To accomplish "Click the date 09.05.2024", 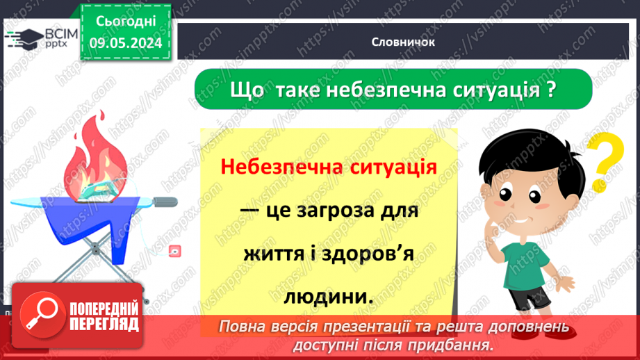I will tap(126, 42).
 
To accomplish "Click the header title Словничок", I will tap(403, 42).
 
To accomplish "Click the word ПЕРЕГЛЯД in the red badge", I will tap(104, 323).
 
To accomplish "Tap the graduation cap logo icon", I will tap(24, 36).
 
